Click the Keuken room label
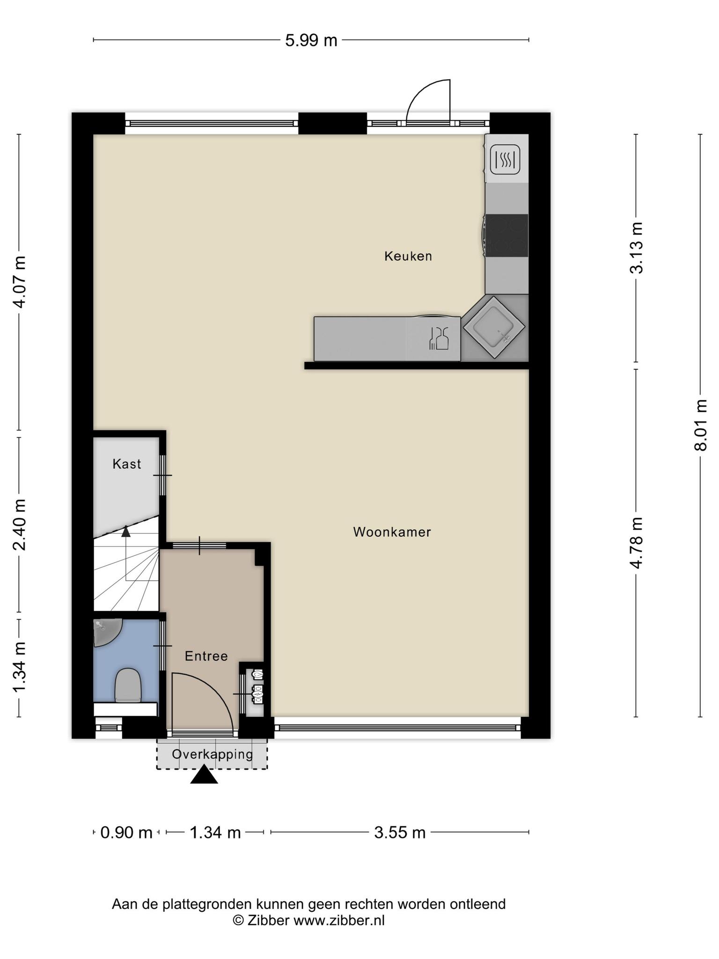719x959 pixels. [x=408, y=256]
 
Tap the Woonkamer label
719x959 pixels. [x=392, y=532]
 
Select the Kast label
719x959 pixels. [x=126, y=464]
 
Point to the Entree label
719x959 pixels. [x=206, y=656]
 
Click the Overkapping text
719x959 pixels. [x=213, y=754]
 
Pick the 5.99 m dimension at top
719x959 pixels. [x=311, y=41]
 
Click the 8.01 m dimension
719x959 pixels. [x=700, y=425]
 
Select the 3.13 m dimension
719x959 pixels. [x=636, y=248]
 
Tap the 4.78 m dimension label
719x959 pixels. [x=636, y=543]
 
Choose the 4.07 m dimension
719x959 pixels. [x=19, y=282]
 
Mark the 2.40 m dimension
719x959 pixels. [x=19, y=525]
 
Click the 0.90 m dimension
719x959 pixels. [x=126, y=833]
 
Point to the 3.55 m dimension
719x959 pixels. [x=400, y=833]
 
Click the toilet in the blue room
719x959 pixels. [x=128, y=686]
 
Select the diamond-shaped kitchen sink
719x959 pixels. [x=494, y=327]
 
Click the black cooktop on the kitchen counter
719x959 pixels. [x=506, y=236]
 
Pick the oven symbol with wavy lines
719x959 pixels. [x=505, y=159]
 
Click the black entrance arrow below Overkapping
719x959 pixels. [x=204, y=774]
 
